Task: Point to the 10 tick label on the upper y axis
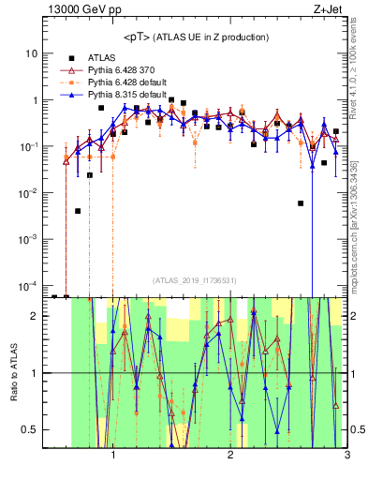[x=30, y=54]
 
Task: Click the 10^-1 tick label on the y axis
[x=27, y=147]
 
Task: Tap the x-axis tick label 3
[x=346, y=457]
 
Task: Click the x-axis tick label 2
[x=229, y=457]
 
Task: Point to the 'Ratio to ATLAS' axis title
[x=11, y=372]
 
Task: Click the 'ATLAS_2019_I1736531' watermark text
[x=195, y=280]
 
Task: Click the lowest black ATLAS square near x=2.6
[x=301, y=202]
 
